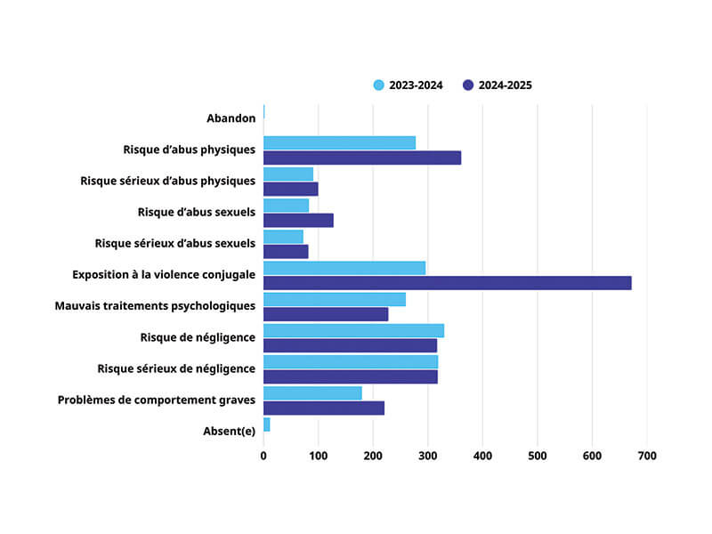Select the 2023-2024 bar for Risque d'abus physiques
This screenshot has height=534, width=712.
pos(339,142)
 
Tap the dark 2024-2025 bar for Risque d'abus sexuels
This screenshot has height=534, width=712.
pos(298,220)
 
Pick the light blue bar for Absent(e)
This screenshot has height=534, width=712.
pos(266,425)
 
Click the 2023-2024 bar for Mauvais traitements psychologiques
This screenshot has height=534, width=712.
pos(334,299)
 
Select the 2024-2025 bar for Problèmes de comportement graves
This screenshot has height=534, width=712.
pos(323,408)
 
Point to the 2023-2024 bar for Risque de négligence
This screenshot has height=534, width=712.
pos(353,330)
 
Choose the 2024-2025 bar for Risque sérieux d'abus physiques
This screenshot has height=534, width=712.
pos(290,189)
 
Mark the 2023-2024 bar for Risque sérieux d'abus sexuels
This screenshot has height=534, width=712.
pos(283,236)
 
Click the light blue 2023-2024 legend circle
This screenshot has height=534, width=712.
pos(379,85)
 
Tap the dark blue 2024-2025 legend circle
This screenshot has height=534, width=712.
pos(468,85)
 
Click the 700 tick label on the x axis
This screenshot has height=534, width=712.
pos(647,456)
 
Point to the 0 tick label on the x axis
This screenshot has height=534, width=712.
pos(263,456)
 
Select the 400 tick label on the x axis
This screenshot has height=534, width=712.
pos(482,456)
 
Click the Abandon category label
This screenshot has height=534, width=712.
pos(231,118)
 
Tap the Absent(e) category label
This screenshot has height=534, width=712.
pos(230,432)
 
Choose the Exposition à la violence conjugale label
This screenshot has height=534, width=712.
pos(164,275)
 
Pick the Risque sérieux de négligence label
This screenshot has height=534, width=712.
pos(175,368)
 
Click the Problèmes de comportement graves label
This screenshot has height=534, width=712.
pos(157,400)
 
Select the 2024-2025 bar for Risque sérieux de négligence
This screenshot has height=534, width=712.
pos(350,376)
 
